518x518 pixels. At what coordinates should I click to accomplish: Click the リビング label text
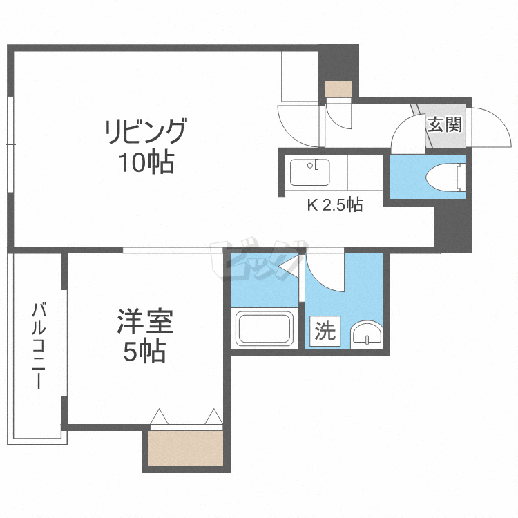click(146, 131)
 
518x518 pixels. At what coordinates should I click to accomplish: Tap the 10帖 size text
click(146, 162)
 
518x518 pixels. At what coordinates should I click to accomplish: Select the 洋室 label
click(145, 321)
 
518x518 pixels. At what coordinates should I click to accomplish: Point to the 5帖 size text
click(145, 352)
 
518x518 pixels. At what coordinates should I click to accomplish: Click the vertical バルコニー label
click(39, 345)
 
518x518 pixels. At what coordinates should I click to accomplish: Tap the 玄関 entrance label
click(445, 124)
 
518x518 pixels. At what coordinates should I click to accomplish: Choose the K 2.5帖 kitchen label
click(335, 205)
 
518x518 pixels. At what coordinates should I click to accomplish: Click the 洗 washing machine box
click(325, 331)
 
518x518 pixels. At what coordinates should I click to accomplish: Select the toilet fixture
click(445, 177)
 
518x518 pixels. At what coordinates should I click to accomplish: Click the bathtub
click(265, 329)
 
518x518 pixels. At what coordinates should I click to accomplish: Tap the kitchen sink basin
click(309, 172)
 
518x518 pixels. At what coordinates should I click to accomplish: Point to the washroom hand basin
click(367, 334)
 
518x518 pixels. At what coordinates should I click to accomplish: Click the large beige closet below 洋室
click(186, 448)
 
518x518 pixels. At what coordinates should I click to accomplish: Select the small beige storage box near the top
click(338, 88)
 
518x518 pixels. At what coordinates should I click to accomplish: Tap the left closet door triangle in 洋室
click(159, 416)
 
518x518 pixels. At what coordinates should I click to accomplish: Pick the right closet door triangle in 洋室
click(213, 416)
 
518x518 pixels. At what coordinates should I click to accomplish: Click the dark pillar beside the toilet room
click(453, 227)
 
